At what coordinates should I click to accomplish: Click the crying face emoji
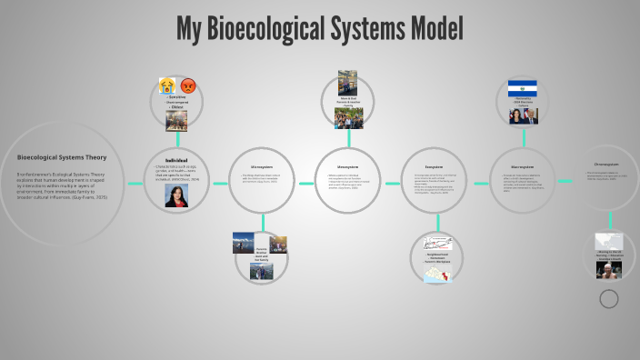pos(167,85)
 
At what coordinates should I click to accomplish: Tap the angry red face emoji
pos(188,86)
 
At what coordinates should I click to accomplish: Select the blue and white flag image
pos(522,88)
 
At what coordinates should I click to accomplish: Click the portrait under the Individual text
pos(176,197)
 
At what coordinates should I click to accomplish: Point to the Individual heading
pos(176,160)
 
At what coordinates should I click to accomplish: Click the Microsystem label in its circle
pos(262,166)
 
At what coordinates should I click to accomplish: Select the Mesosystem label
pos(347,167)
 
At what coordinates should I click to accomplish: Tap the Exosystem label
pos(433,166)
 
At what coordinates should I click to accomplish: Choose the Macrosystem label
pos(522,166)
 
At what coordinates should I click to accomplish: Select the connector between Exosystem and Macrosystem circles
pos(478,183)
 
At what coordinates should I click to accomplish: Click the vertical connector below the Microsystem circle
pos(262,222)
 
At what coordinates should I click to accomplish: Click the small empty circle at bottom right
pos(609,298)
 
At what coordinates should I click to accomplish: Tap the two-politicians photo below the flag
pos(523,115)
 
